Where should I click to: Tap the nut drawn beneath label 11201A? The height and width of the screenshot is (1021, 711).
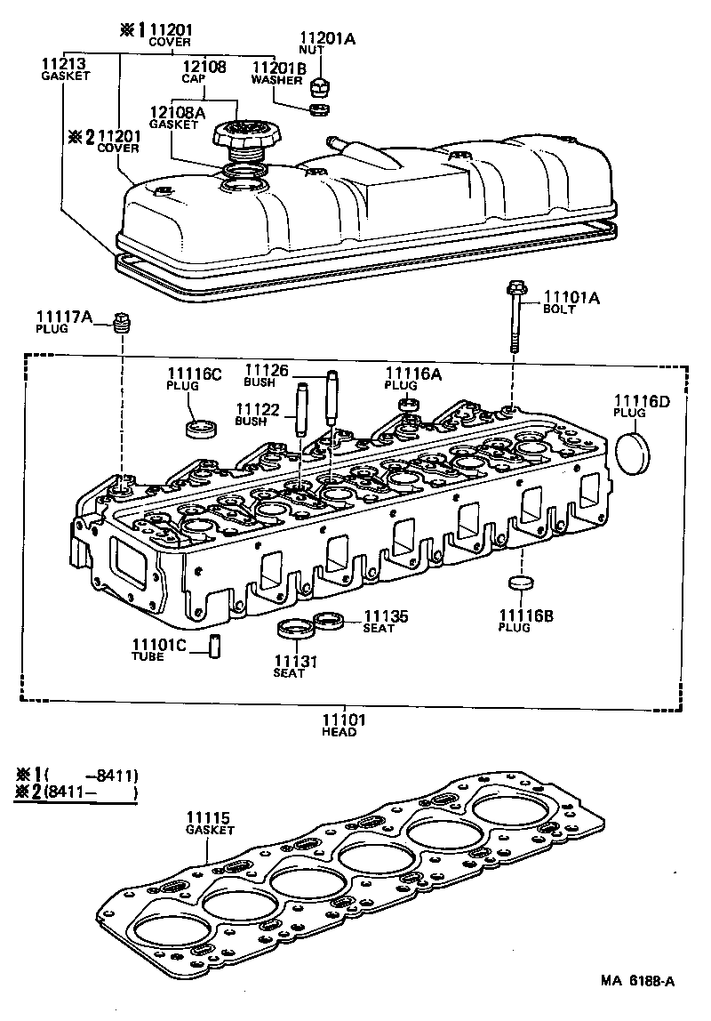point(322,87)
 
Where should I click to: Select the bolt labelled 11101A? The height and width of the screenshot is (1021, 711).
point(515,316)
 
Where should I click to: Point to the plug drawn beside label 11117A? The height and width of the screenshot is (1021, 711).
point(124,321)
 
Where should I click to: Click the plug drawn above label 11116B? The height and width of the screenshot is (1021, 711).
point(520,584)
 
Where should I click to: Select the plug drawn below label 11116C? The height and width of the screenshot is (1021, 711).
point(201,428)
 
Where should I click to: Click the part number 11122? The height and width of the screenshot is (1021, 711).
point(256,408)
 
